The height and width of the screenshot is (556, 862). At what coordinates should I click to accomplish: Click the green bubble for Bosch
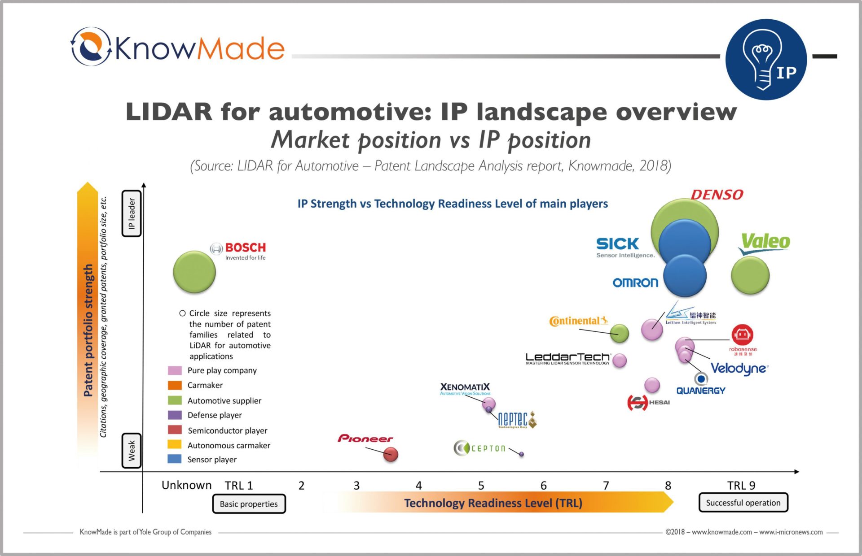pyautogui.click(x=194, y=272)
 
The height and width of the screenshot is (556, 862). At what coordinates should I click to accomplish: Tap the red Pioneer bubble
pyautogui.click(x=391, y=454)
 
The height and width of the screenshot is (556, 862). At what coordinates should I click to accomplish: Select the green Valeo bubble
pyautogui.click(x=750, y=275)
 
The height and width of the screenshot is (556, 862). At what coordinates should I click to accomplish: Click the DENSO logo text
pyautogui.click(x=717, y=195)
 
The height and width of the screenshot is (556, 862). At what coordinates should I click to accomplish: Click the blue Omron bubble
pyautogui.click(x=685, y=276)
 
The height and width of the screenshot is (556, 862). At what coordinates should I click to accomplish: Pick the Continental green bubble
pyautogui.click(x=620, y=333)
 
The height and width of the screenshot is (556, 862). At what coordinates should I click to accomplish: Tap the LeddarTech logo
pyautogui.click(x=568, y=358)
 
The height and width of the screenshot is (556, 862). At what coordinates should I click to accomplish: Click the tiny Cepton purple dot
pyautogui.click(x=521, y=454)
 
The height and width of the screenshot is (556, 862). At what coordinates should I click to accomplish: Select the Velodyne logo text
pyautogui.click(x=739, y=369)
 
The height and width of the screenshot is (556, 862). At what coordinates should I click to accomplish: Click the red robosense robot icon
pyautogui.click(x=743, y=334)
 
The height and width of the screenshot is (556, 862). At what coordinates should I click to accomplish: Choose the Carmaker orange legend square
pyautogui.click(x=175, y=385)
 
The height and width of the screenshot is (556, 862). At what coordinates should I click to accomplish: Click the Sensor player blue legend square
pyautogui.click(x=175, y=459)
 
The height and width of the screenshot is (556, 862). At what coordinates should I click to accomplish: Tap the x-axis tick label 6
pyautogui.click(x=543, y=486)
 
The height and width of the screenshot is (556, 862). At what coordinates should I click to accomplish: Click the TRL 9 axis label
pyautogui.click(x=741, y=486)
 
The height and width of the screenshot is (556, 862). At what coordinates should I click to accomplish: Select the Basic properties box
pyautogui.click(x=249, y=504)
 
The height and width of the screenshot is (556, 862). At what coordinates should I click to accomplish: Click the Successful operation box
pyautogui.click(x=743, y=503)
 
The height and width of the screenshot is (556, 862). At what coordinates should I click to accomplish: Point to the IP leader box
pyautogui.click(x=132, y=213)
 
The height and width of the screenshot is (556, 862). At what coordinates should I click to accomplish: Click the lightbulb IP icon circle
pyautogui.click(x=766, y=59)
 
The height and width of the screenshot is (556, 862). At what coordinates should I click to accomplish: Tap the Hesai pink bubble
pyautogui.click(x=652, y=385)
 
